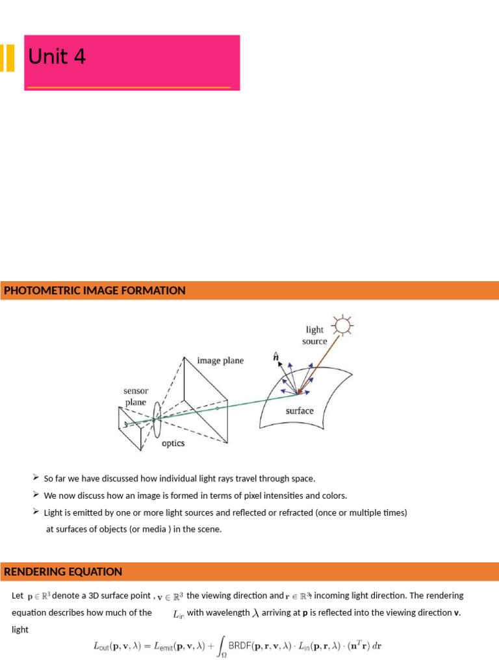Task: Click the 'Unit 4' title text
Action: pyautogui.click(x=57, y=58)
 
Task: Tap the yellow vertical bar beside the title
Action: pyautogui.click(x=8, y=58)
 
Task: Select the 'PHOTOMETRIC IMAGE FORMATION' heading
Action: pyautogui.click(x=95, y=291)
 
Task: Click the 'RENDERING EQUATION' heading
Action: pyautogui.click(x=63, y=572)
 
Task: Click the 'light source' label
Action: pyautogui.click(x=314, y=335)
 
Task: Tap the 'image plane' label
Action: pyautogui.click(x=221, y=360)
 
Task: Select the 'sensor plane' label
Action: pyautogui.click(x=136, y=397)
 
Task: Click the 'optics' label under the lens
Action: pyautogui.click(x=173, y=444)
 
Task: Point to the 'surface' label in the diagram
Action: pyautogui.click(x=300, y=411)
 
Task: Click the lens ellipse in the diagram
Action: pyautogui.click(x=157, y=420)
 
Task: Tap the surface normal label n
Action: pyautogui.click(x=275, y=357)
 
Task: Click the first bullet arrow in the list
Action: pyautogui.click(x=36, y=477)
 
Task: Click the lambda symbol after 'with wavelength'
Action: pyautogui.click(x=255, y=612)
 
